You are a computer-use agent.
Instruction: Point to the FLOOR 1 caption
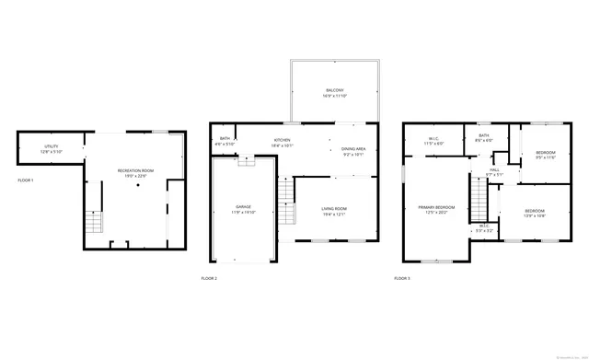(25, 180)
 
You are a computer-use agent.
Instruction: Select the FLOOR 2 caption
(209, 277)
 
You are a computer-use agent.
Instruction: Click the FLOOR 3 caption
(402, 277)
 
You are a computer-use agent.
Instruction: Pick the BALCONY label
(334, 90)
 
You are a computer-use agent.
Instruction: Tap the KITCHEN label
(282, 140)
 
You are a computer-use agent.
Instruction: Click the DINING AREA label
(354, 149)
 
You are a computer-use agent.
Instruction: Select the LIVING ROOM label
(334, 208)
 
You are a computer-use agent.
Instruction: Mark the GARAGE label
(243, 206)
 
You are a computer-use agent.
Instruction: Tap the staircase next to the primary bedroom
(478, 198)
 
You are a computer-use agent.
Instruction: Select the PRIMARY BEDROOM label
(433, 207)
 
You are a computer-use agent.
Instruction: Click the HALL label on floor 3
(494, 169)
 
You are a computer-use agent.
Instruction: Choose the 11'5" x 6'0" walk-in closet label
(433, 144)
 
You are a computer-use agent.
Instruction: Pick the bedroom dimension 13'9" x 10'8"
(535, 216)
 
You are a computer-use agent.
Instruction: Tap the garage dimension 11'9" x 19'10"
(243, 212)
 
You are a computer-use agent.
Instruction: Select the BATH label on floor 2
(225, 139)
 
